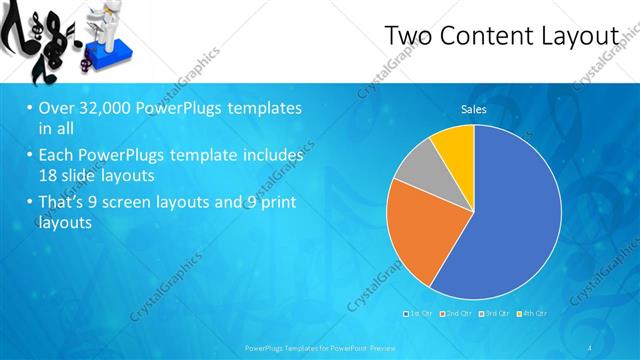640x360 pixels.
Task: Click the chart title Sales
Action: point(473,109)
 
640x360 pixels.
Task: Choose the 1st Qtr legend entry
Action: point(418,313)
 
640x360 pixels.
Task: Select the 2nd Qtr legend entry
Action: point(459,313)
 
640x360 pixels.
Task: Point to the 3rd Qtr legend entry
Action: point(496,313)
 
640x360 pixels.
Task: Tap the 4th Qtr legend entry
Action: point(533,313)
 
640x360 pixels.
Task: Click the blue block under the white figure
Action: point(108,51)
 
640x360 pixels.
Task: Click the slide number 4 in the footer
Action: point(592,347)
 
